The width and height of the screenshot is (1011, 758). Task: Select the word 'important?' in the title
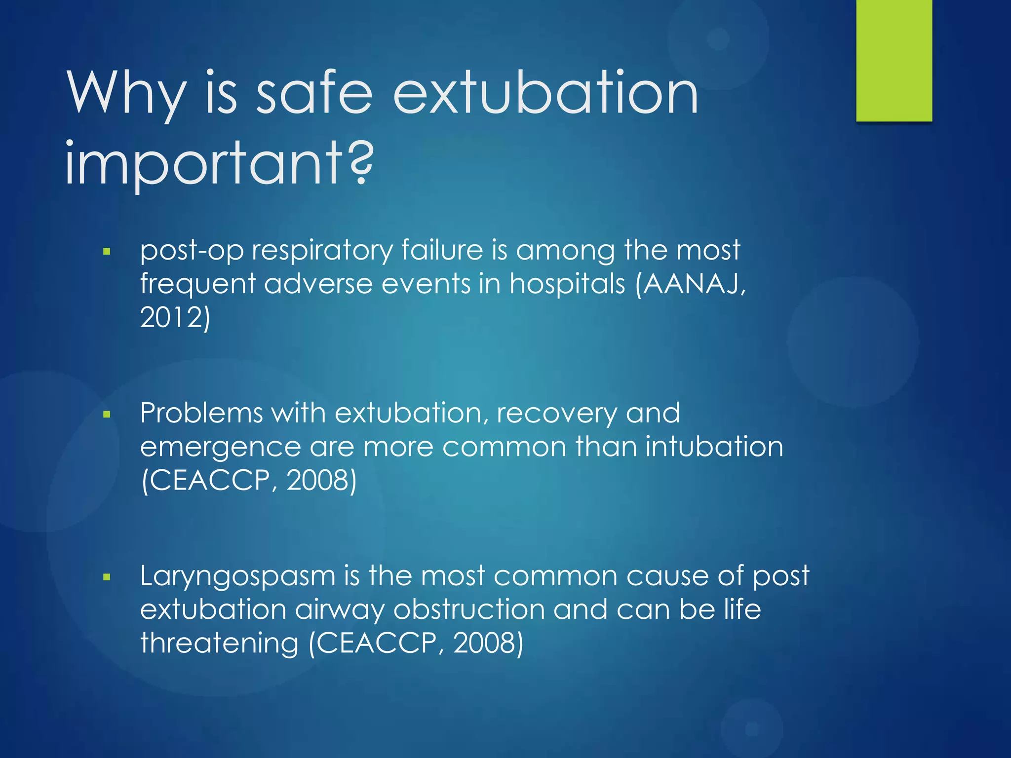click(x=220, y=163)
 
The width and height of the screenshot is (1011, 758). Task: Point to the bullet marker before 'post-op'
click(x=107, y=252)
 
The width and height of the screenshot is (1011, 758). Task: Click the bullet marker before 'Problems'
click(x=107, y=415)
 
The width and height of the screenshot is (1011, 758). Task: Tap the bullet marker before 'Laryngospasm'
click(x=107, y=577)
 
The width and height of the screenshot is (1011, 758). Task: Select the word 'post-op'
click(x=192, y=251)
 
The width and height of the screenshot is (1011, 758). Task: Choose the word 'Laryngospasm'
click(x=237, y=577)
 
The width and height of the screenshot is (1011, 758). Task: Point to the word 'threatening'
click(x=219, y=644)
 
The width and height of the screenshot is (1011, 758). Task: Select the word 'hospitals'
click(x=567, y=284)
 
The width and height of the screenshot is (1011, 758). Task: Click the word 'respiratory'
click(x=322, y=251)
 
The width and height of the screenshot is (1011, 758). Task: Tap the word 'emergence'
click(x=220, y=448)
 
